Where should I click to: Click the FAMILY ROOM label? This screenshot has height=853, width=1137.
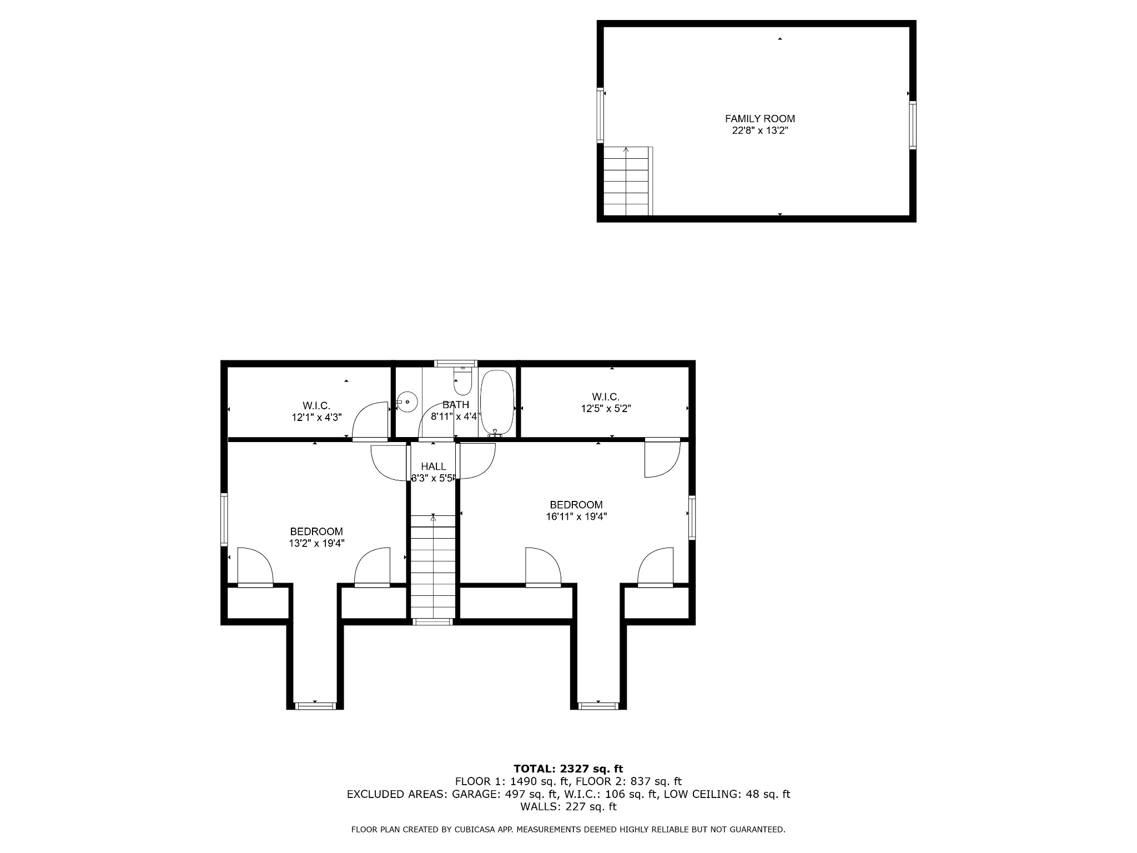(759, 118)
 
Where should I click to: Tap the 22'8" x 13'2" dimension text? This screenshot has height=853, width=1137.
(759, 131)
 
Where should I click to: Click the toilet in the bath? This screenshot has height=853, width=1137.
(462, 380)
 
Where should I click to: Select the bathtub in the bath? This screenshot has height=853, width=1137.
(497, 403)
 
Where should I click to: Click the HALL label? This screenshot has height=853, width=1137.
(433, 466)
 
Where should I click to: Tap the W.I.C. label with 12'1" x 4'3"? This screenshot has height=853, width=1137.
(316, 405)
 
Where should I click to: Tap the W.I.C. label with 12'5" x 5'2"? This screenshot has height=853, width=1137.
(605, 397)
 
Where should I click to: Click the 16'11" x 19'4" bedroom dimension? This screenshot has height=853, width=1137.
(576, 516)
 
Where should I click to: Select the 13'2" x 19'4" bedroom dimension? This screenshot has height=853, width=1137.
(316, 543)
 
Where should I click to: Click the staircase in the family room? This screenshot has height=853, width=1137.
(626, 181)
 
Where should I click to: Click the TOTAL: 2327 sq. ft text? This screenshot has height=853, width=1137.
(568, 769)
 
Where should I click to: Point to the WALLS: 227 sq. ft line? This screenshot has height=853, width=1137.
(568, 807)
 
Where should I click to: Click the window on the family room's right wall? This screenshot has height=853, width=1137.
(912, 125)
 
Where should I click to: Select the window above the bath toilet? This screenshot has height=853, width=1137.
(455, 364)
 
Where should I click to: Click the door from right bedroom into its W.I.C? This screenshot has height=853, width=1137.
(662, 458)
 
